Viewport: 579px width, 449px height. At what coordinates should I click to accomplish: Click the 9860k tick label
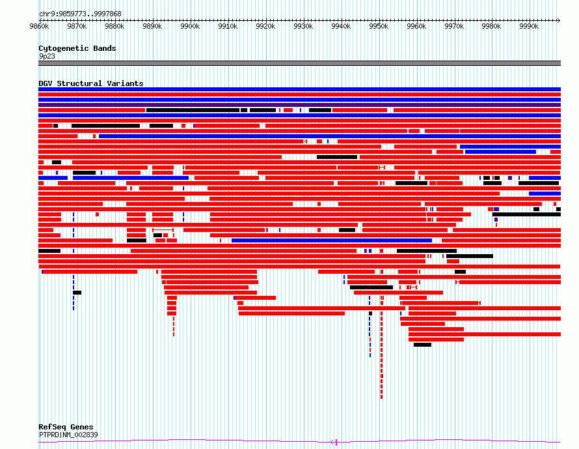coord(39,26)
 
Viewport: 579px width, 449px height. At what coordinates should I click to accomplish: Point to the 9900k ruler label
coord(190,26)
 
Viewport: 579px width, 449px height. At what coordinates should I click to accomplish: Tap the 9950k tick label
coord(379,26)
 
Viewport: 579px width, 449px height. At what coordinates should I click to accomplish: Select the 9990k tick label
coord(529,26)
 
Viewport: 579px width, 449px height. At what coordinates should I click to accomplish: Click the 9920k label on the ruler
coord(266,26)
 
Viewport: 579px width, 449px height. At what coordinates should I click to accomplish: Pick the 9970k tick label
coord(454,26)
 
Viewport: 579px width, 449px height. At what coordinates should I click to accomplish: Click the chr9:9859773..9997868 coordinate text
coord(80,14)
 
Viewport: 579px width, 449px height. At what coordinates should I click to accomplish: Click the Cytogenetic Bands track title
coord(77,48)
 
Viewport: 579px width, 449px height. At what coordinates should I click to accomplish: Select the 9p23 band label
coord(47,56)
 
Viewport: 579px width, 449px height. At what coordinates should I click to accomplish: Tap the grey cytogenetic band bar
coord(299,63)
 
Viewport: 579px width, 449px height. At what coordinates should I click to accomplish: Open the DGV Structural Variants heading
coord(91,83)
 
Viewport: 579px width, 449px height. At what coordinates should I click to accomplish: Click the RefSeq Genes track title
coord(66,427)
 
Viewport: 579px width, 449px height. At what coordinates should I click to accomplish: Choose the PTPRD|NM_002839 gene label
coord(68,435)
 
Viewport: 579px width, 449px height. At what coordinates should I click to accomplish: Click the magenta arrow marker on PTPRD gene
coord(334,442)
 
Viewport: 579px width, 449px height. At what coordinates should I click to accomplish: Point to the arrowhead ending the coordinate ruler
coord(559,20)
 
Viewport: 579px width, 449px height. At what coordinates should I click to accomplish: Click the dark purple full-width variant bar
coord(299,105)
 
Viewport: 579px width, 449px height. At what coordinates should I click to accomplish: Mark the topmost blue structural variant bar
coord(299,89)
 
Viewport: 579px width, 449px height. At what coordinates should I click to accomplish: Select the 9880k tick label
coord(115,26)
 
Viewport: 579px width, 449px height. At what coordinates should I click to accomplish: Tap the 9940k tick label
coord(341,26)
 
